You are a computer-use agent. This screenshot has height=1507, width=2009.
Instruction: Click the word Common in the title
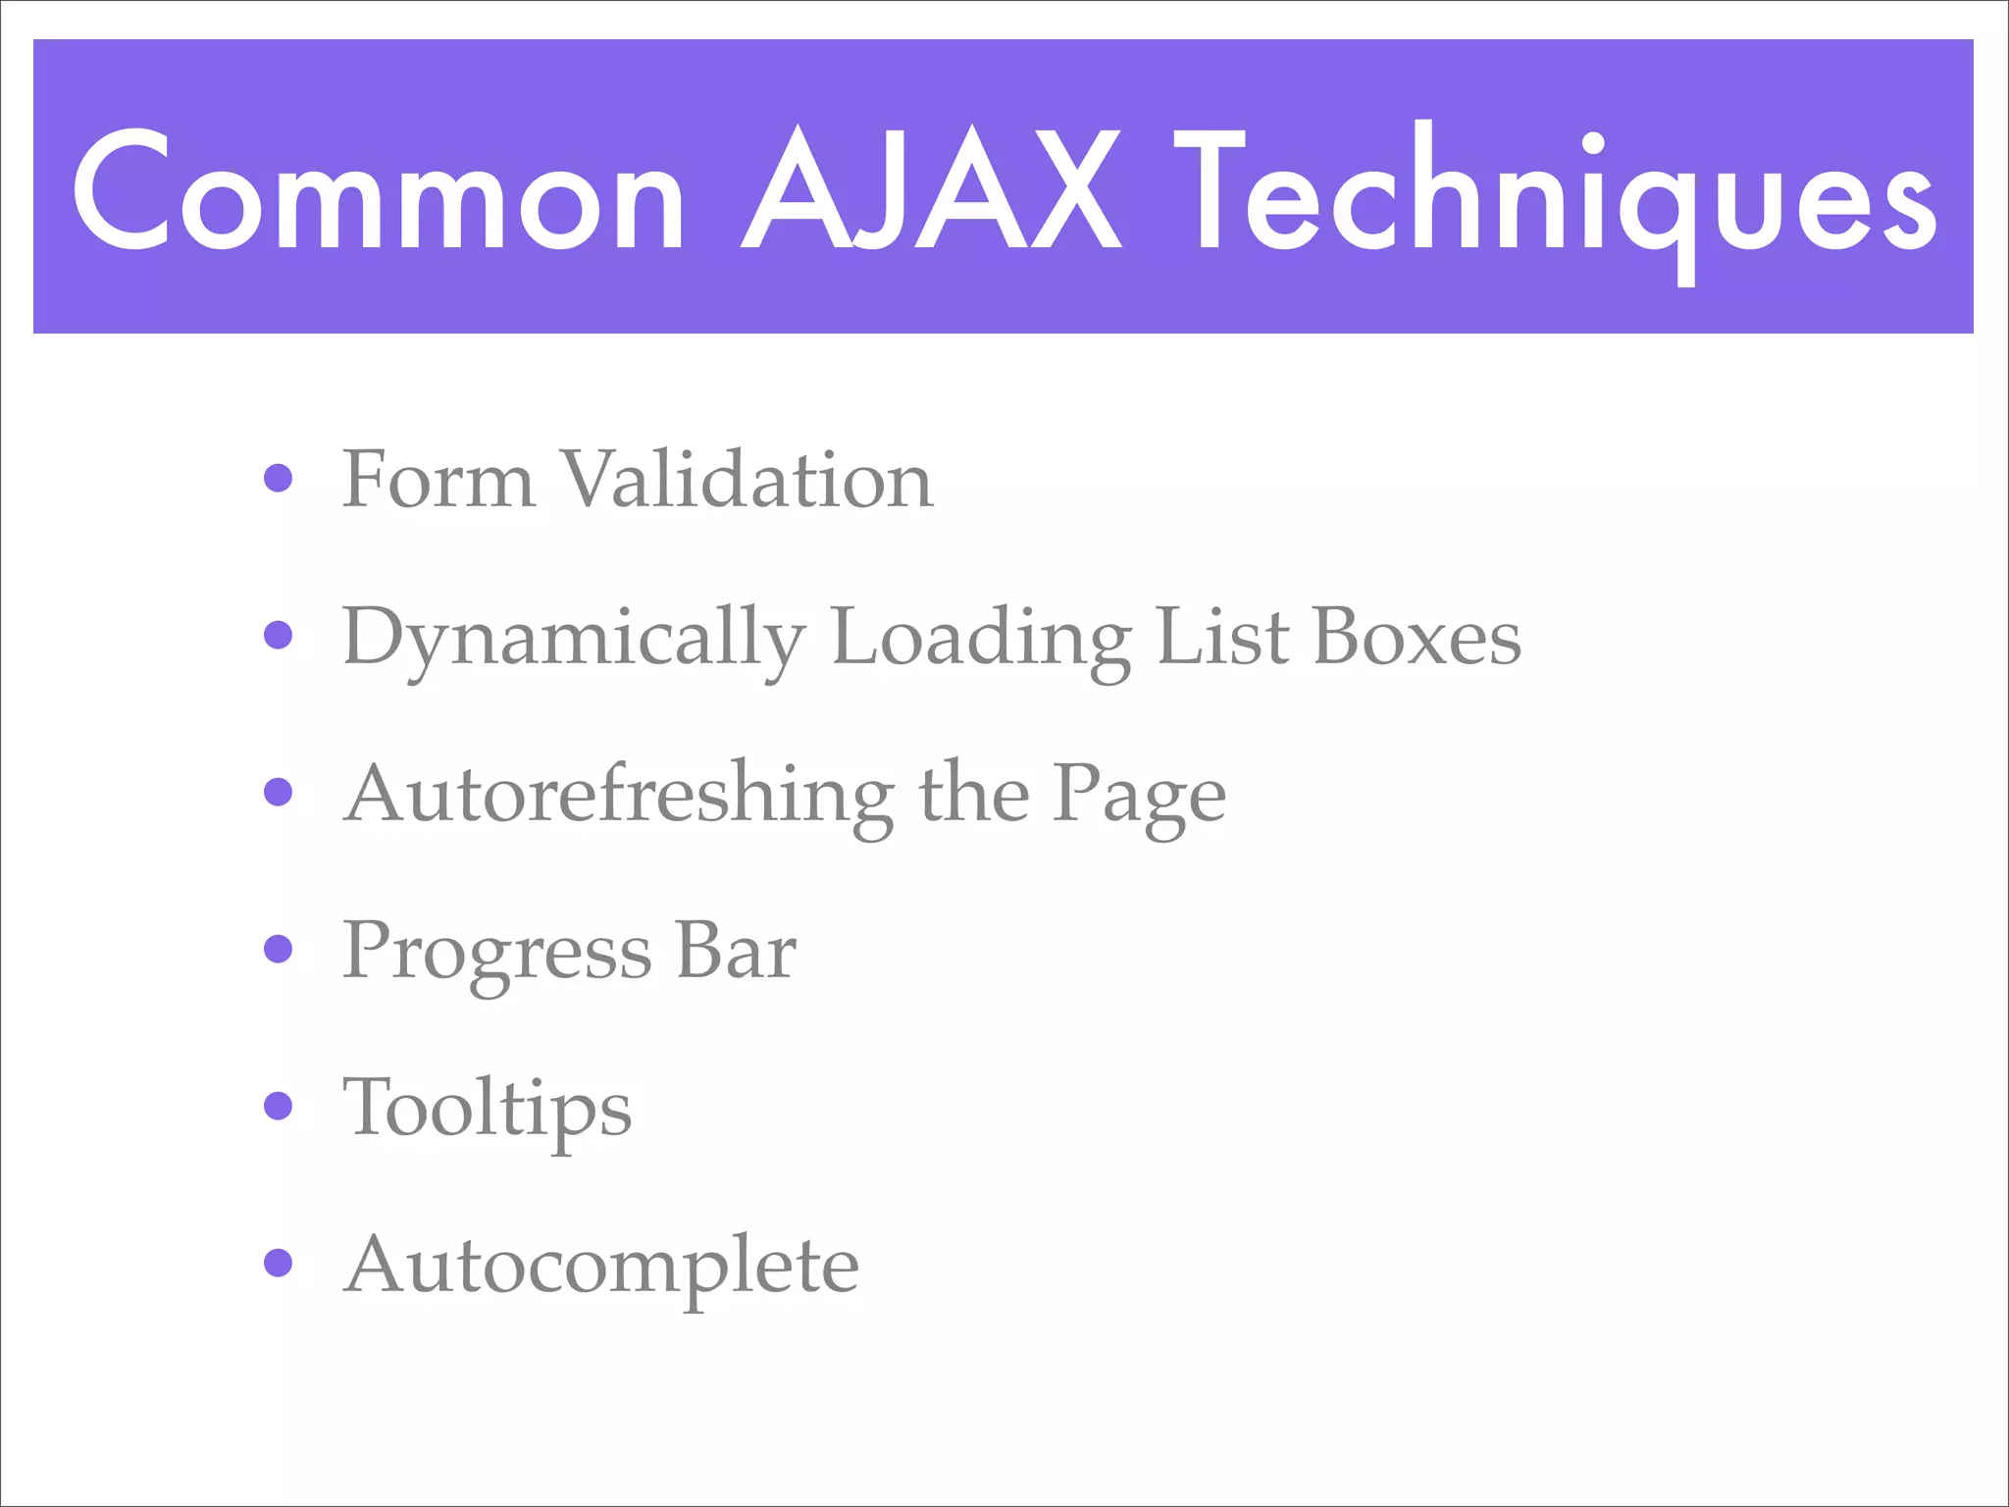point(379,192)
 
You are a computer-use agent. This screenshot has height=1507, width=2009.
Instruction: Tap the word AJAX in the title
point(932,192)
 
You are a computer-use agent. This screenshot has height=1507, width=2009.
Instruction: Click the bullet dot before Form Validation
point(279,478)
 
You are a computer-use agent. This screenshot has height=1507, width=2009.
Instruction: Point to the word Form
point(438,480)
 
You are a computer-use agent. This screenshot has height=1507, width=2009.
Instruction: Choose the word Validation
point(747,480)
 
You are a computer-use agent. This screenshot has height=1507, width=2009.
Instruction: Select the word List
point(1222,637)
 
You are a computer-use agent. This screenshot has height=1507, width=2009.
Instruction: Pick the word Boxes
point(1417,637)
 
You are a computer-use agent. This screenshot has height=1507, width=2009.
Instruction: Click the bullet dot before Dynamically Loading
point(279,635)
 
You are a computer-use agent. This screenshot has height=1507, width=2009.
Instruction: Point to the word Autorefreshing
point(619,795)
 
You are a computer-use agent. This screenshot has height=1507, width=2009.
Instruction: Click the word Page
point(1139,797)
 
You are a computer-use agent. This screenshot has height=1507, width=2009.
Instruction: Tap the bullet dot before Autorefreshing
point(279,792)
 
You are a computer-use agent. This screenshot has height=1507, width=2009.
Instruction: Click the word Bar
point(736,951)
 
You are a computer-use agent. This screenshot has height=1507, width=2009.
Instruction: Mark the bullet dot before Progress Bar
point(279,949)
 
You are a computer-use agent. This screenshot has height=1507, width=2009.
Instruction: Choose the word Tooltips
point(487,1110)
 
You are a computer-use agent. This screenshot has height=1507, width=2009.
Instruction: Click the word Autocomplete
point(601,1267)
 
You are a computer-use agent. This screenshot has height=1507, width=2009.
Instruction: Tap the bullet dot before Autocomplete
point(279,1263)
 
